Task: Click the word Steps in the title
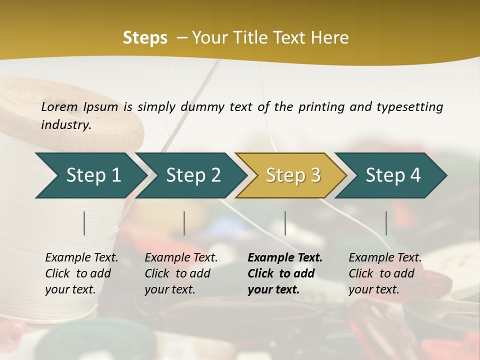pos(145,38)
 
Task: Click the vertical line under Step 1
pos(84,223)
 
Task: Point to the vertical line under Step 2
pos(184,223)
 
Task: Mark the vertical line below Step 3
pos(285,223)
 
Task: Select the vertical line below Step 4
pos(386,223)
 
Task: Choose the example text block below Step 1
pos(81,273)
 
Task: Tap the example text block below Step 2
pos(181,273)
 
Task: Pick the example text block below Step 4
pos(385,273)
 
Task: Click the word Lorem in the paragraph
pos(59,107)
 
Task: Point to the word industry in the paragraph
pos(65,125)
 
